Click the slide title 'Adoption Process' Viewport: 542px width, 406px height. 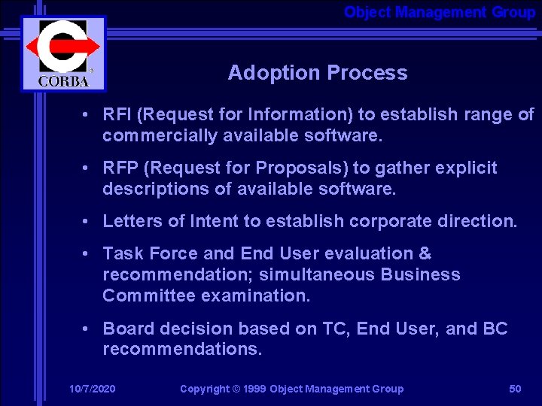pos(317,73)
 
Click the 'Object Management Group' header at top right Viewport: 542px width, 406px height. pos(439,12)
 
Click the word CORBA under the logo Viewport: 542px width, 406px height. pos(62,80)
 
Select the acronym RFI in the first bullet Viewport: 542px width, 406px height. pos(117,115)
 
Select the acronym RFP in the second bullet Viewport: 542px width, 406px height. pos(120,168)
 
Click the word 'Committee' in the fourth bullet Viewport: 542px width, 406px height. pos(149,295)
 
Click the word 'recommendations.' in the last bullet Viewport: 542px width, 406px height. pos(182,350)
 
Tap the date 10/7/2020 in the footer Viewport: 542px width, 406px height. pos(92,389)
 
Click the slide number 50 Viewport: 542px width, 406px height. pos(515,389)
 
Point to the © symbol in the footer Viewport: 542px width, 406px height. pos(236,389)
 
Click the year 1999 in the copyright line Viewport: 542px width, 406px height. pos(255,389)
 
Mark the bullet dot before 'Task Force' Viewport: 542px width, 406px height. pos(88,254)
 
